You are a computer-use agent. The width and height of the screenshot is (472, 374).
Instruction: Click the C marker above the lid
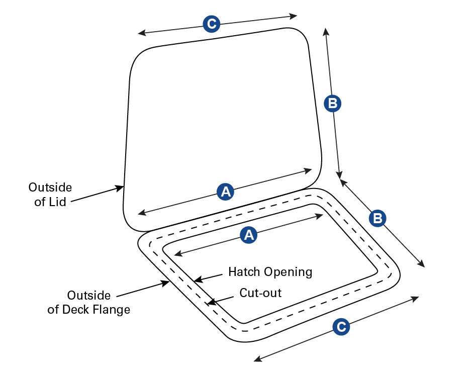[211, 24]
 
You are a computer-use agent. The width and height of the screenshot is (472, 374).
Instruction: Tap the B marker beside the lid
[332, 104]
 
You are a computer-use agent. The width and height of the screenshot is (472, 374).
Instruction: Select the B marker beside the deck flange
[377, 218]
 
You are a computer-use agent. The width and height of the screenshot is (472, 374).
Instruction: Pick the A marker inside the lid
[226, 191]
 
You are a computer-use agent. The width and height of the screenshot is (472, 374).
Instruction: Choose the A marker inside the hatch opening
[247, 235]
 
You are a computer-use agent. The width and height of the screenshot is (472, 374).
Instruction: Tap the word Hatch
[244, 272]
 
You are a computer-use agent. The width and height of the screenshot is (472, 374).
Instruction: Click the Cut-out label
[260, 293]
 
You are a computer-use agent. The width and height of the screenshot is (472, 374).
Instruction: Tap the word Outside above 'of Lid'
[50, 188]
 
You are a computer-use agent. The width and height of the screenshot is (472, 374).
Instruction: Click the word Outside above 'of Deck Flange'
[89, 295]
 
